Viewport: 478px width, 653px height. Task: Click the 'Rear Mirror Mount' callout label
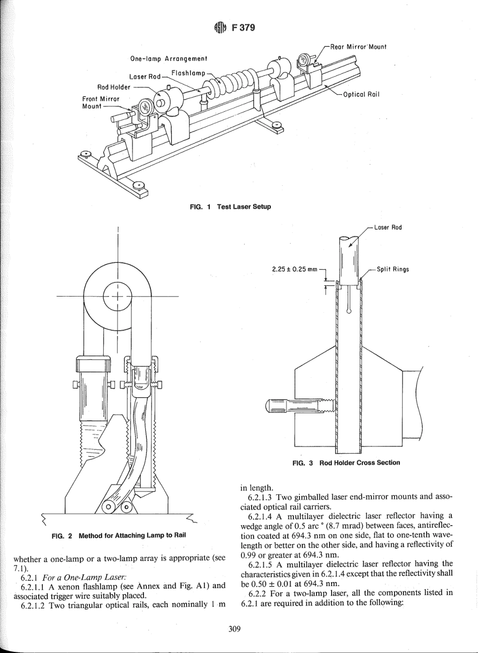[358, 47]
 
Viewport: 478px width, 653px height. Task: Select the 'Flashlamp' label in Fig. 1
[188, 74]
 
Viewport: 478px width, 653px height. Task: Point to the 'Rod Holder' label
[114, 86]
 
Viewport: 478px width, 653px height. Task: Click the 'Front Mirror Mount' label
[99, 102]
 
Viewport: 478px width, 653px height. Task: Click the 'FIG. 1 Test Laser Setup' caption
[229, 207]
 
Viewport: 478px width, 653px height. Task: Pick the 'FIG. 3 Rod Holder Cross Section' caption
[346, 462]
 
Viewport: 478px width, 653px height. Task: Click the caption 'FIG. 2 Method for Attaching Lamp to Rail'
[119, 535]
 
